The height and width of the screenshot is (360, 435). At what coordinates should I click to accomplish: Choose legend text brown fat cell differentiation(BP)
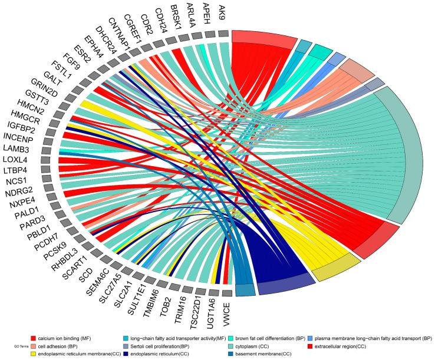tap(277, 339)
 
